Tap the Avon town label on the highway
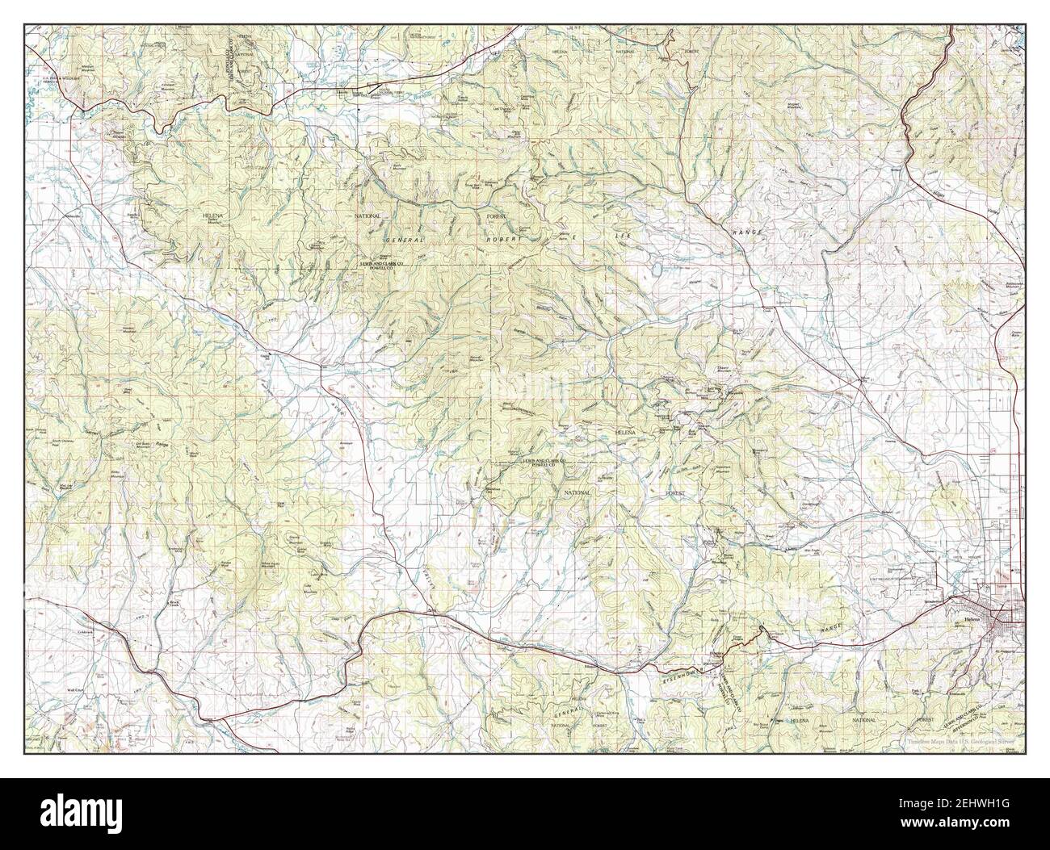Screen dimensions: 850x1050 click(x=430, y=610)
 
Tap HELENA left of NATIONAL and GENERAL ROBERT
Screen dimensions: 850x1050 click(x=220, y=218)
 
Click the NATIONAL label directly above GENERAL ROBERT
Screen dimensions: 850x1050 click(x=366, y=217)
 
